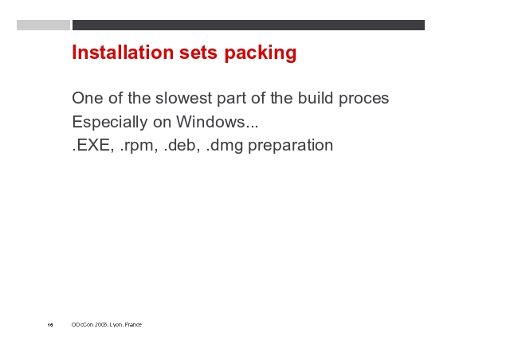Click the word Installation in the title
123,52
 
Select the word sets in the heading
198,53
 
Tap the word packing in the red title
261,53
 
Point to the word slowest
183,98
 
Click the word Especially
110,123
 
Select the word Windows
210,122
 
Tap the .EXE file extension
92,145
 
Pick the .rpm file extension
139,147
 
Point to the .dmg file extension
225,146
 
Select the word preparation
290,146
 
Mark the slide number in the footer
50,324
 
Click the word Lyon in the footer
116,324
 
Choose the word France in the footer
133,324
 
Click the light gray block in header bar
43,25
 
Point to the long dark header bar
249,25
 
